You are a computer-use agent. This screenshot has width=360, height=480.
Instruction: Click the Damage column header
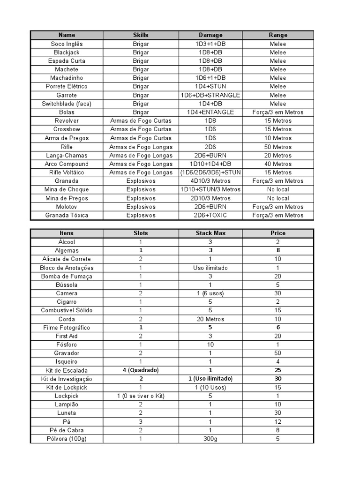pos(210,35)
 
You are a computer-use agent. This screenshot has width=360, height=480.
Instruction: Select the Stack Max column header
pos(210,233)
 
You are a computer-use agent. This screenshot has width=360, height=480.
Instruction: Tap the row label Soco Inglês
pos(67,44)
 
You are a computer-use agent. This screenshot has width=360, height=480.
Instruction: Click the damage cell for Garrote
pos(210,95)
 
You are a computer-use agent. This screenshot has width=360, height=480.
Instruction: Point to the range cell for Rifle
pos(277,147)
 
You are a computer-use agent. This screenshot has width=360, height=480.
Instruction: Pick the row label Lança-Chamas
pos(67,155)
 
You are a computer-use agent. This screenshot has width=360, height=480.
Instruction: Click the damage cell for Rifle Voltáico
pos(210,172)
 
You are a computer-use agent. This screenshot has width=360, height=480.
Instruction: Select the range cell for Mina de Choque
pos(277,189)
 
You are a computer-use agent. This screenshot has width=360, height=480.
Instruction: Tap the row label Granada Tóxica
pos(67,215)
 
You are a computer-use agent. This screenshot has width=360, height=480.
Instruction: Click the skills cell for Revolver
pos(141,120)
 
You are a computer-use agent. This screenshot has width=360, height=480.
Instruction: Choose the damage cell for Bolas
pos(210,112)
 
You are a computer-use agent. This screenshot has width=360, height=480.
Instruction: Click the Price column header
pos(277,233)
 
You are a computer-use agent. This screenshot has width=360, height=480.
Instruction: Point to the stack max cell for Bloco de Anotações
pos(210,268)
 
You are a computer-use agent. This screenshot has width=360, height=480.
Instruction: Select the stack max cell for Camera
pos(210,293)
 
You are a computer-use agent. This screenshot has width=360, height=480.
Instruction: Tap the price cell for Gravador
pos(277,353)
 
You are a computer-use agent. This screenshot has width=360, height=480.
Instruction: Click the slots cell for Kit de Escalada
pos(141,370)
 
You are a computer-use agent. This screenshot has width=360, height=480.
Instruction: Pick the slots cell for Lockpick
pos(141,396)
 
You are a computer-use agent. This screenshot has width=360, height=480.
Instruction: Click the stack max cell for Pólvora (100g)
pos(210,439)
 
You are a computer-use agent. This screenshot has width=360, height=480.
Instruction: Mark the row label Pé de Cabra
pos(67,430)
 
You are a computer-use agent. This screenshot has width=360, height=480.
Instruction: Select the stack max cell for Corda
pos(210,319)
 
